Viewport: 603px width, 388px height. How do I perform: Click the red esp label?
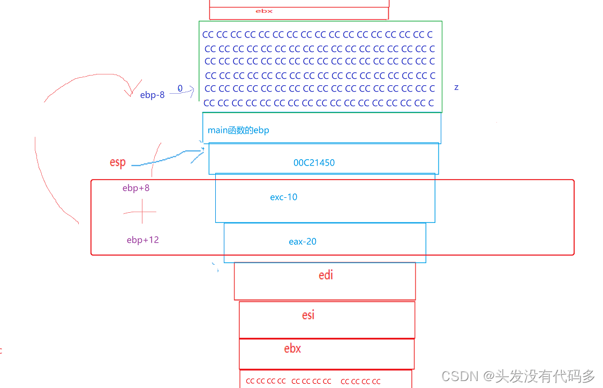[x=117, y=162]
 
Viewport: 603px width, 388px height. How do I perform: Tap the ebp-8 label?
[x=153, y=95]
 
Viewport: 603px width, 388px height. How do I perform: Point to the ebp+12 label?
[x=143, y=240]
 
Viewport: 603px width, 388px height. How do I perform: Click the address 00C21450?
[x=314, y=163]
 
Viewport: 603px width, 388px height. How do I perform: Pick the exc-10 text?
[x=284, y=197]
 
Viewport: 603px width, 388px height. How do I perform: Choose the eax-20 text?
[x=303, y=242]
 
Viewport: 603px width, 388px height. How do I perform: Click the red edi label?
[x=326, y=275]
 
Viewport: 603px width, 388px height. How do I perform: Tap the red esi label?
[x=308, y=315]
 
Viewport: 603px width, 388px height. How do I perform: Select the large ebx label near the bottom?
[x=292, y=348]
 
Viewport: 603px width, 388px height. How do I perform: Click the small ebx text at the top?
[x=264, y=11]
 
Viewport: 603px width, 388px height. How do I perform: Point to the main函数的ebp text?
[x=238, y=130]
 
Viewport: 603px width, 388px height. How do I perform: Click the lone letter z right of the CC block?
[x=456, y=87]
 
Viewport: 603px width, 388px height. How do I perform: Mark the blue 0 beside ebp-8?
[x=180, y=88]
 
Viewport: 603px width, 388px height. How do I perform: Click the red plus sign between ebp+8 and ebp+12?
[x=141, y=212]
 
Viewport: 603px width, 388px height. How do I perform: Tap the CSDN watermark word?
[x=459, y=376]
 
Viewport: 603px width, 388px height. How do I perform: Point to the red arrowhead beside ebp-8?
[x=130, y=91]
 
